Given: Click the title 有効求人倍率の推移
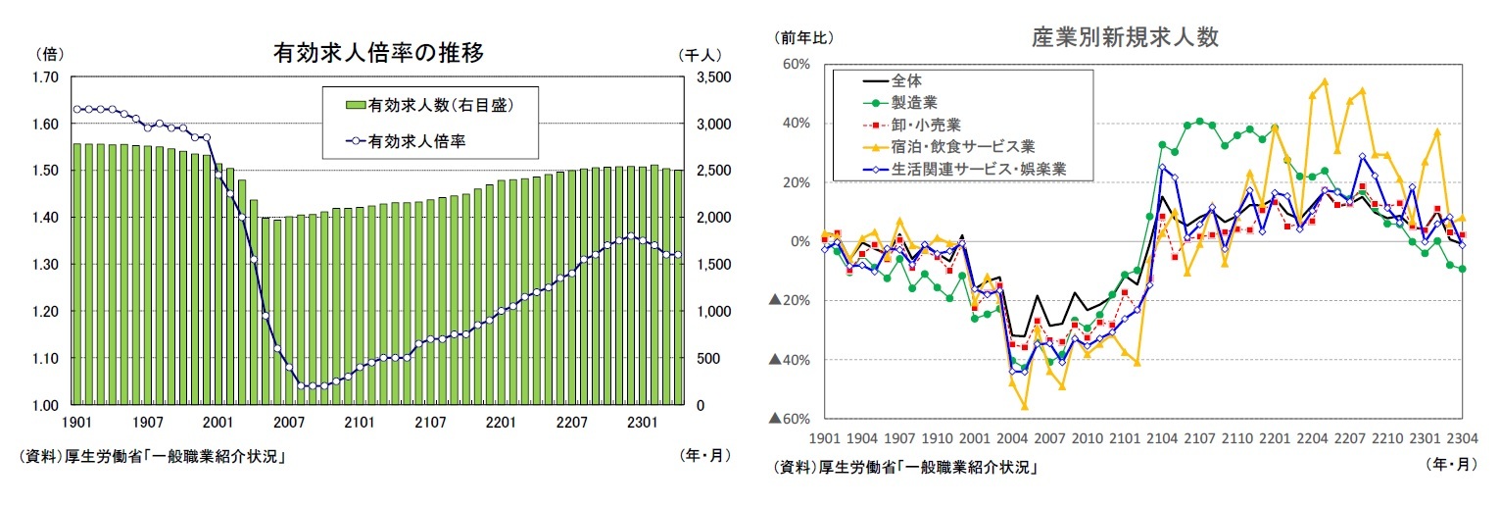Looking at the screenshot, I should (378, 53).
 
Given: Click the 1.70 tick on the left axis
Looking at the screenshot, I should (46, 77).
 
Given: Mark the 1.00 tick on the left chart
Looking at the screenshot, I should (46, 405).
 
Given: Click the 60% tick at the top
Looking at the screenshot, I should (795, 64).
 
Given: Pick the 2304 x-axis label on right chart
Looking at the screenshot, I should (1462, 438).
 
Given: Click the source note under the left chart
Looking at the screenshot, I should (151, 457).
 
